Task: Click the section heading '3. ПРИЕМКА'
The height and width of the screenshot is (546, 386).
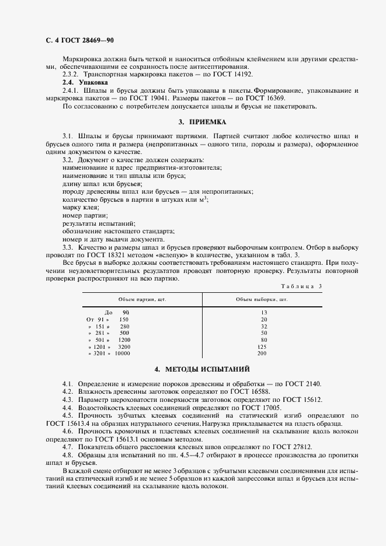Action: pos(201,122)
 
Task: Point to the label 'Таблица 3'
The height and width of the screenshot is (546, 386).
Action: pos(301,286)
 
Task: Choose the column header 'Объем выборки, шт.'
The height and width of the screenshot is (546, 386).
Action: pos(262,299)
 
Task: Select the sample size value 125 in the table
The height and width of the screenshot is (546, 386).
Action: pos(262,346)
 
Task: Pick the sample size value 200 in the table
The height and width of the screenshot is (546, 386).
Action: pos(262,353)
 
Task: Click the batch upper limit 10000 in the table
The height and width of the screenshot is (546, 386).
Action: pos(122,353)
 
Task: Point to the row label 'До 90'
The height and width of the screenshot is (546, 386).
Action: pos(117,313)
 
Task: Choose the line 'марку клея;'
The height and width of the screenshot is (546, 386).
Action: pos(80,207)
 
